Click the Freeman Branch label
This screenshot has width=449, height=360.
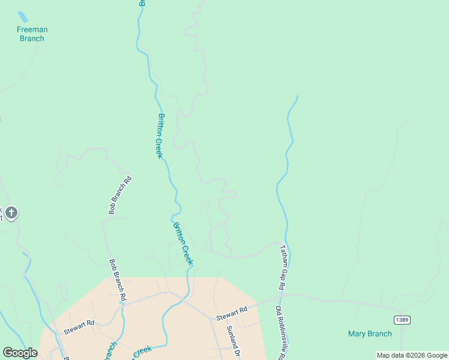[x=32, y=34]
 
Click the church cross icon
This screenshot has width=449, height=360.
[x=11, y=212]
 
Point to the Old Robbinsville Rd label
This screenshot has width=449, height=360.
[x=280, y=333]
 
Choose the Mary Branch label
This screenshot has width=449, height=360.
[x=370, y=334]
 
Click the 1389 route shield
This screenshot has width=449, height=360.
[x=402, y=320]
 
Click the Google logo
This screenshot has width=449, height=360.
[x=20, y=353]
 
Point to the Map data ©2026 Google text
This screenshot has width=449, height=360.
[x=412, y=355]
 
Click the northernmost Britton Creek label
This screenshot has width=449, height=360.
[x=160, y=136]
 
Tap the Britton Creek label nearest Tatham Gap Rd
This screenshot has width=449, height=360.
[x=183, y=244]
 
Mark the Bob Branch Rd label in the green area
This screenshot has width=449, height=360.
[x=120, y=196]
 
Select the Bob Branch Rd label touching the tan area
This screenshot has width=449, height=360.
[x=118, y=280]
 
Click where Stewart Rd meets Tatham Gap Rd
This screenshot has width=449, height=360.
[x=280, y=295]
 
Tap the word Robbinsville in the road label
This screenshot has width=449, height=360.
[x=280, y=336]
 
